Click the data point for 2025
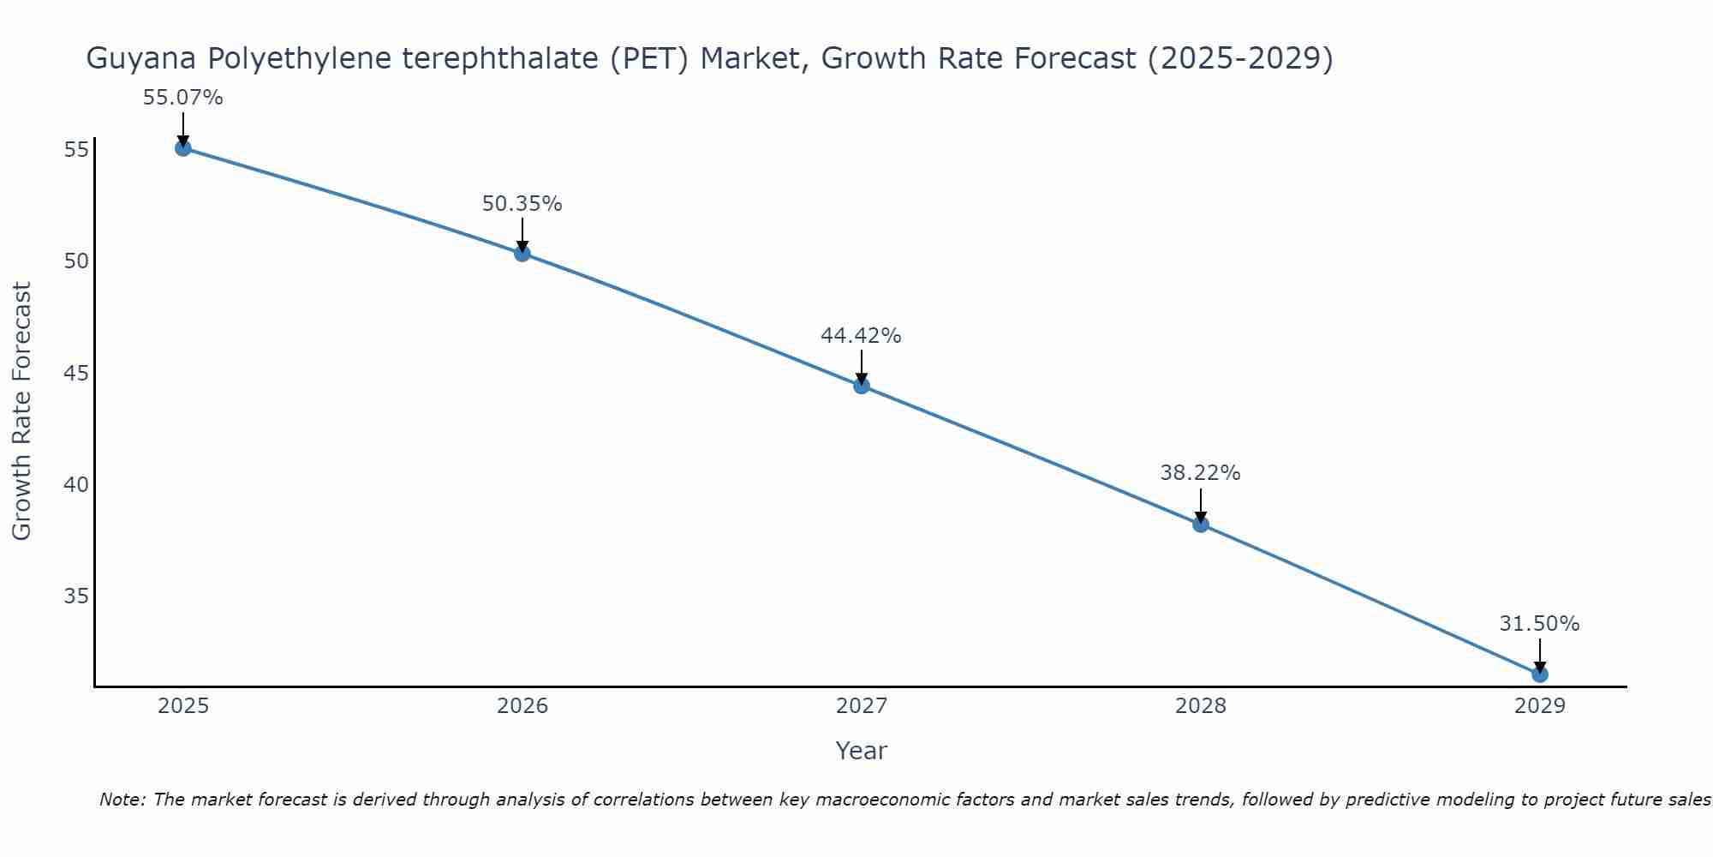[182, 148]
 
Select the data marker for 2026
[522, 254]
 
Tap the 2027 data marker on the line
[862, 386]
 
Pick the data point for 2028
[1201, 524]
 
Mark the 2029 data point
[1540, 674]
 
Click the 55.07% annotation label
[182, 98]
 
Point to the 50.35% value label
[522, 204]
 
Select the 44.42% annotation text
[861, 336]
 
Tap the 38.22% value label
[1200, 473]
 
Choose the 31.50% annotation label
[1539, 624]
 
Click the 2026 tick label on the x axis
[522, 706]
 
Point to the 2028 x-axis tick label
[1201, 706]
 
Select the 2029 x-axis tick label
[1540, 706]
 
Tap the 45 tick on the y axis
[76, 374]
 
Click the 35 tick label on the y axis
[76, 596]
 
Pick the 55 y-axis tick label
[76, 150]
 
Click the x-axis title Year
[861, 751]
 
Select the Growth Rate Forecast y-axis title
[21, 411]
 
